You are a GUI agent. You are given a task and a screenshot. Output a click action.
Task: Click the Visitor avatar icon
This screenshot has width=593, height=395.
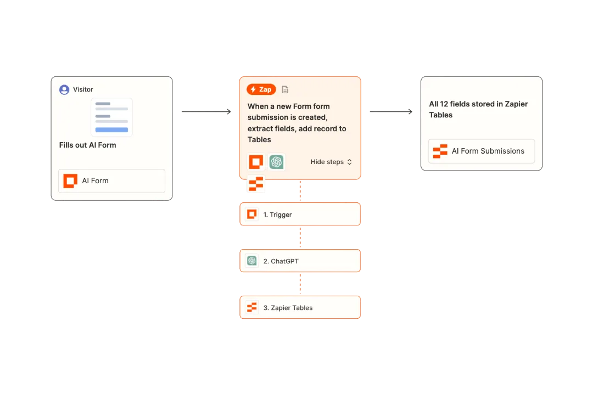pyautogui.click(x=64, y=89)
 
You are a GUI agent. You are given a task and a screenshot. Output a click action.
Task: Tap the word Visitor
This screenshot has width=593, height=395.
pyautogui.click(x=83, y=89)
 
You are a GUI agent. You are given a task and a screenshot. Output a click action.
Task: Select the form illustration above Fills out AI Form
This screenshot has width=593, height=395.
pyautogui.click(x=111, y=117)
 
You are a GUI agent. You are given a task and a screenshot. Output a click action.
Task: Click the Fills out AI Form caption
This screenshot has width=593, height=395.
pyautogui.click(x=88, y=145)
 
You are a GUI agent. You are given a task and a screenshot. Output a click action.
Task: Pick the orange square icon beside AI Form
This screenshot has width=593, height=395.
pyautogui.click(x=70, y=180)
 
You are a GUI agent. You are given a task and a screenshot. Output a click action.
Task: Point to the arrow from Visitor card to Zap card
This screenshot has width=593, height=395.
pyautogui.click(x=206, y=111)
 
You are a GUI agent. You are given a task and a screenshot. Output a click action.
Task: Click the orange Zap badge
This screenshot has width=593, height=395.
pyautogui.click(x=261, y=89)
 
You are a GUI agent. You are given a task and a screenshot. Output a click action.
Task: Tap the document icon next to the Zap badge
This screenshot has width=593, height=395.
pyautogui.click(x=285, y=89)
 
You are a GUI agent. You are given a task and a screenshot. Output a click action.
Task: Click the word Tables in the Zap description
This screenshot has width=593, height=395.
pyautogui.click(x=259, y=140)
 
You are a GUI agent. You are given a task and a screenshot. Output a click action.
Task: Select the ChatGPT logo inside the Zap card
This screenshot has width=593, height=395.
pyautogui.click(x=276, y=162)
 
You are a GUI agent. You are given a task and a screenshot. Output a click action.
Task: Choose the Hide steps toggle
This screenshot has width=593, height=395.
pyautogui.click(x=331, y=162)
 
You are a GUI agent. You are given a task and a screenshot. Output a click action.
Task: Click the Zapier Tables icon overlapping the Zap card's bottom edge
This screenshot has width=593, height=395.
pyautogui.click(x=256, y=184)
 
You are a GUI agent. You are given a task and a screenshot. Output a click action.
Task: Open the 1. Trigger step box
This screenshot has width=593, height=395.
pyautogui.click(x=300, y=215)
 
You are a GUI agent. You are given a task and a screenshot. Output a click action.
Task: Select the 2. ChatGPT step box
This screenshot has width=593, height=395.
pyautogui.click(x=300, y=261)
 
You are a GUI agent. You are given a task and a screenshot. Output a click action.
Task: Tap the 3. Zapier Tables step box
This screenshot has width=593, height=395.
pyautogui.click(x=300, y=307)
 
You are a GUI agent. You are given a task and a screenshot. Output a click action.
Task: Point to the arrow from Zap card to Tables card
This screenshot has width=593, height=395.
pyautogui.click(x=391, y=111)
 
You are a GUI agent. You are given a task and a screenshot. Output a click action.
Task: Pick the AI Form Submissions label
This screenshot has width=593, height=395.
pyautogui.click(x=488, y=151)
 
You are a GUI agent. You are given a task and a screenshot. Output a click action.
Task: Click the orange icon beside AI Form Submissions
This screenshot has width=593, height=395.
pyautogui.click(x=440, y=151)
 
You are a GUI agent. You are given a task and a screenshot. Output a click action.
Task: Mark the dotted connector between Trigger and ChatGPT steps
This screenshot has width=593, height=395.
pyautogui.click(x=300, y=238)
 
